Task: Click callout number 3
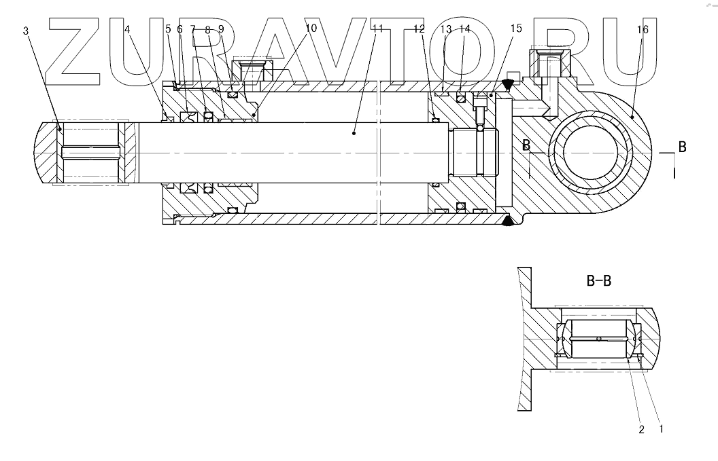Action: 26,30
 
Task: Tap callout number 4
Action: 127,30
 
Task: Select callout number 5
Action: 168,29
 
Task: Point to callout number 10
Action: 311,29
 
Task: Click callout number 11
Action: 378,29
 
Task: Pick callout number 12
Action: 419,29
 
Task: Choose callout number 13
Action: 446,29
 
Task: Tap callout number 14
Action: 464,29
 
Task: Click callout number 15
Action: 515,29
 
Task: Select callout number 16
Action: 643,29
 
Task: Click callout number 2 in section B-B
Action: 640,428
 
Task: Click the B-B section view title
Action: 598,280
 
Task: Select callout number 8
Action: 207,29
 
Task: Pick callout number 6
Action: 180,29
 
